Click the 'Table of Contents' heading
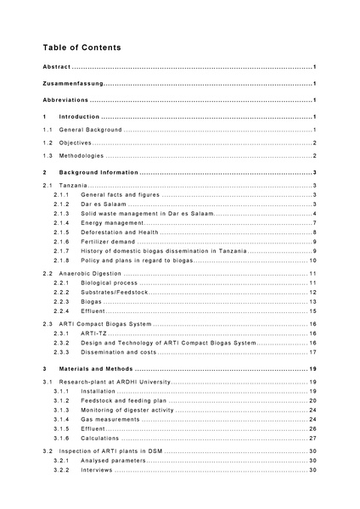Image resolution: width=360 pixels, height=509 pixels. click(x=82, y=48)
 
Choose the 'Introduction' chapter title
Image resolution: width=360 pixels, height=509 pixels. click(x=79, y=116)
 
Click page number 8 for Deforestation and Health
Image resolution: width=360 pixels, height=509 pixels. click(x=314, y=232)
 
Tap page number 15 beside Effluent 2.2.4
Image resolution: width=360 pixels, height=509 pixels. click(x=312, y=311)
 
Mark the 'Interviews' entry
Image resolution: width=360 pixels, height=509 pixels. click(x=96, y=469)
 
